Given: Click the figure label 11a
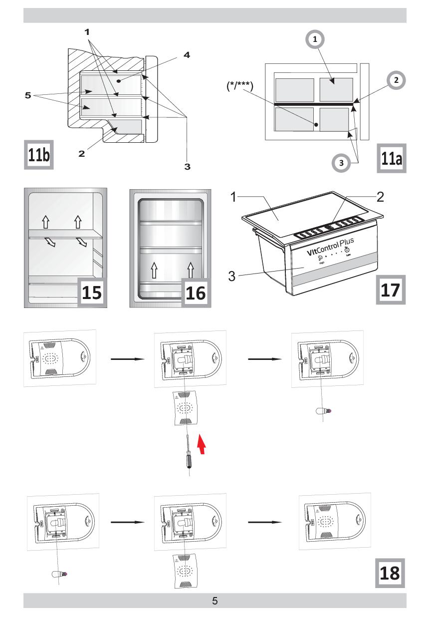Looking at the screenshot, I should click(391, 159).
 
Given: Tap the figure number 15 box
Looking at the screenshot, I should click(92, 292).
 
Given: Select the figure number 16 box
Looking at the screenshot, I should click(195, 292).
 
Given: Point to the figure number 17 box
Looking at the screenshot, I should click(390, 289).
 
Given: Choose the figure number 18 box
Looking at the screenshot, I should click(390, 573).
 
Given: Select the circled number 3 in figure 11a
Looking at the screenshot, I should click(341, 163).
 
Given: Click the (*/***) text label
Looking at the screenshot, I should click(239, 87).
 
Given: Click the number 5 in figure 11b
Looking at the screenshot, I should click(28, 94).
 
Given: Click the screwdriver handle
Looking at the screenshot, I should click(190, 462).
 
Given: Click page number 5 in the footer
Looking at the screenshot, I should click(215, 601).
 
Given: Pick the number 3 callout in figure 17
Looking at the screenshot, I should click(231, 276).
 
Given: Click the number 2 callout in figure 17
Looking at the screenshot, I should click(380, 197).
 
